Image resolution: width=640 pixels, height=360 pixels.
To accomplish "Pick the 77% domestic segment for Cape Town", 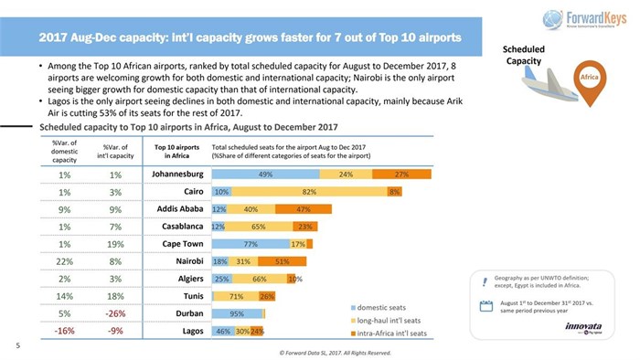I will (x=251, y=244).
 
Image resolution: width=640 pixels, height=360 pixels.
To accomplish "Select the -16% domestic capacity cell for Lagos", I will (x=64, y=331).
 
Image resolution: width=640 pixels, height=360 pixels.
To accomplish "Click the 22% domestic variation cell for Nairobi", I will (x=64, y=261).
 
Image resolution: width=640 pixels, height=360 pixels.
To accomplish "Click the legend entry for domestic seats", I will (x=381, y=306).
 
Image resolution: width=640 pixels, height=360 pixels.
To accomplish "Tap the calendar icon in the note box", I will (x=487, y=308).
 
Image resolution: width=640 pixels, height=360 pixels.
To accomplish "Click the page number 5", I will (x=17, y=345).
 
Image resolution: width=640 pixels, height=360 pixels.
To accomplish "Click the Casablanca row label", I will (x=177, y=227).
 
